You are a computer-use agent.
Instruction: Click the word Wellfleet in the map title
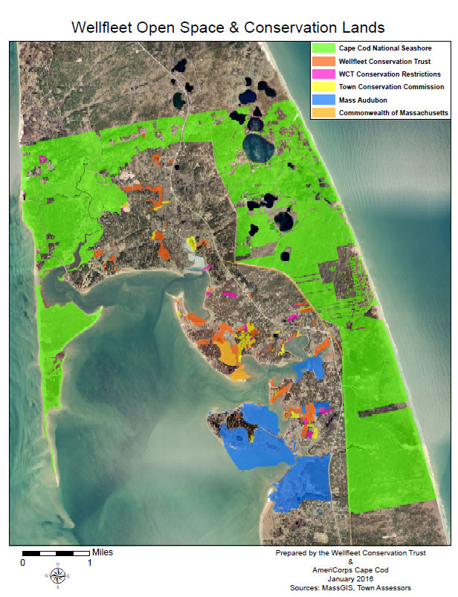[104, 28]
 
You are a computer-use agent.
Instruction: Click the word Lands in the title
[360, 28]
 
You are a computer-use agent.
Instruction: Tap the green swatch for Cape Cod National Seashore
[324, 48]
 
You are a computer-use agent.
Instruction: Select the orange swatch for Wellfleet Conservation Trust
[324, 61]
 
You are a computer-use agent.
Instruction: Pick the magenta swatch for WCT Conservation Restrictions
[324, 74]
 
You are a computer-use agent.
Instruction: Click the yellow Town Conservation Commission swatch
[324, 87]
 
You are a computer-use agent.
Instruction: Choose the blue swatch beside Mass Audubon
[324, 100]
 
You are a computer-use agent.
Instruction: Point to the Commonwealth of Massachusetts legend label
[393, 113]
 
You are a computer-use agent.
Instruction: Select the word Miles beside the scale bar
[103, 553]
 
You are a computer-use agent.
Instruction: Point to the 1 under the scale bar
[90, 563]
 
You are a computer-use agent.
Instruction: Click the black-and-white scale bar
[57, 554]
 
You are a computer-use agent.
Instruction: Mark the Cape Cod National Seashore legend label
[384, 48]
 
